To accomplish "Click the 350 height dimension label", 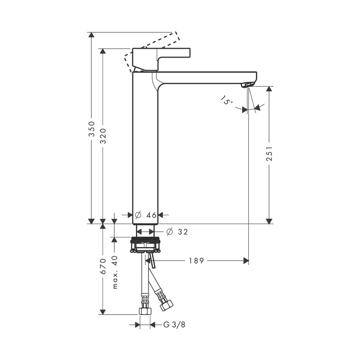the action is coord(92,129).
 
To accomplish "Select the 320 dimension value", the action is coord(103,136).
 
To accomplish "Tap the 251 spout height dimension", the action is coord(269,153).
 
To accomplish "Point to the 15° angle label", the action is coord(227,100).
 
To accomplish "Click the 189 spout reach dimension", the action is coord(196,261).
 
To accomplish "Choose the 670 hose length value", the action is coord(103,266).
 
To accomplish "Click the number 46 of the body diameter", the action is coord(151,215).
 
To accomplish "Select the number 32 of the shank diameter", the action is coord(183,232).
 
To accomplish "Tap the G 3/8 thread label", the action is coord(174,324).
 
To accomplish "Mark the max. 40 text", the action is coord(115,272).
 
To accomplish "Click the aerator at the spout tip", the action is coord(248,85).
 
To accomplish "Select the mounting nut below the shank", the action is coord(145,245).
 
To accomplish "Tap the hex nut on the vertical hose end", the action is coord(145,311).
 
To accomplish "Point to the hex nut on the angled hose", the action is coord(166,305).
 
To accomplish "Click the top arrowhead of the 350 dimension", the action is coord(92,35).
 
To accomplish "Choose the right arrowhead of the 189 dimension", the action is coord(246,261).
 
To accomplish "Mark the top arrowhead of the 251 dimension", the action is coord(269,89).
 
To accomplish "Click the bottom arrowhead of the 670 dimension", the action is coord(103,312).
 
